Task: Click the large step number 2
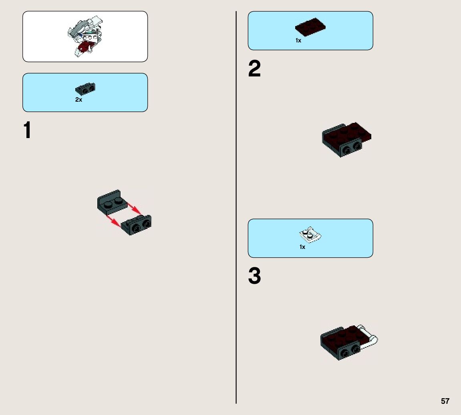point(254,69)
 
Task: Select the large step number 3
point(254,276)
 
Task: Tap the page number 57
point(445,401)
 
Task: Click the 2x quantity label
point(79,100)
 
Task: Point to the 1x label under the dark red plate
point(298,40)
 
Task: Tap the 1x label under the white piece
point(302,247)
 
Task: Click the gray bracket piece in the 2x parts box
point(85,88)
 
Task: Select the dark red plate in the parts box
point(310,27)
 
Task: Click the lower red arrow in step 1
point(114,221)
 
